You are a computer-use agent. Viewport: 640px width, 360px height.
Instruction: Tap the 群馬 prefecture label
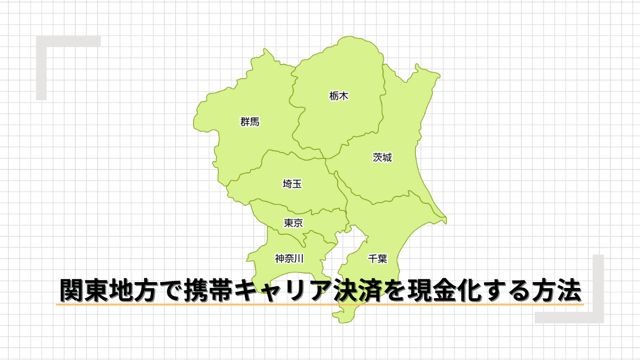coord(250,122)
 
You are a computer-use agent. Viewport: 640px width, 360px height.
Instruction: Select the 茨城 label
coord(382,158)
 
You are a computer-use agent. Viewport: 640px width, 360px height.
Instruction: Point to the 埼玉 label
coord(292,185)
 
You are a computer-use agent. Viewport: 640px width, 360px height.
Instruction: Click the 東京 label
coord(293,223)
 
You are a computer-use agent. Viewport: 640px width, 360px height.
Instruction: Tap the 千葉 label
coord(378,259)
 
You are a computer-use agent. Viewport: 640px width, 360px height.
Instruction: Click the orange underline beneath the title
coord(320,305)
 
